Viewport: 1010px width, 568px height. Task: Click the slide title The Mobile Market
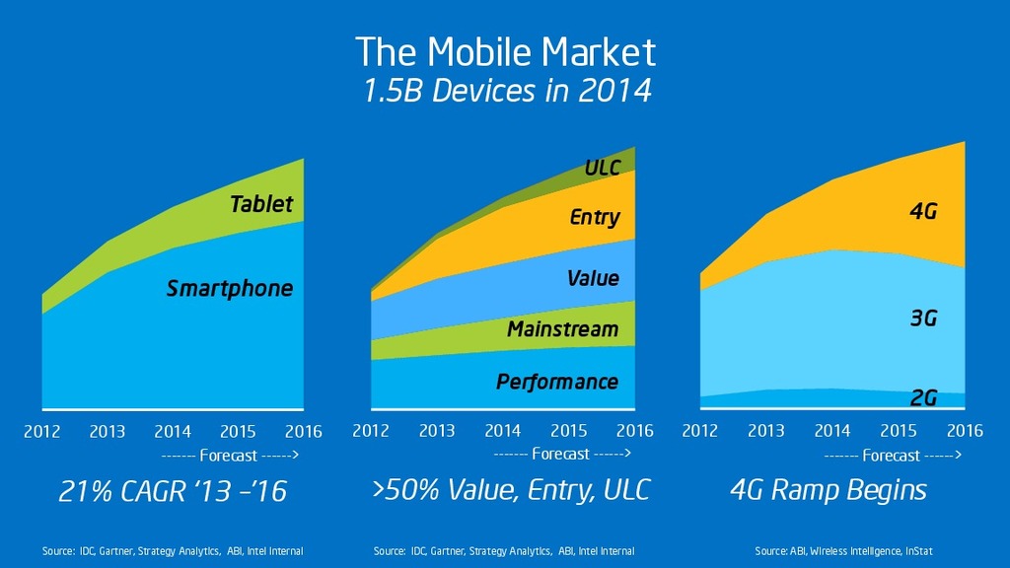[504, 51]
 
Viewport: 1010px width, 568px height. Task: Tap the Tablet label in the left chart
[261, 204]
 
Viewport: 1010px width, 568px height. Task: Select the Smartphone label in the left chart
[230, 289]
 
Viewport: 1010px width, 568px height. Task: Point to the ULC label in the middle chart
[602, 168]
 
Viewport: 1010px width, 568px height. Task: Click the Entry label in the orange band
[595, 217]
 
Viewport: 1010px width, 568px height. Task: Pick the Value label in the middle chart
[593, 279]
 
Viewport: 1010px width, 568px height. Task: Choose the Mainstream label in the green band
[562, 329]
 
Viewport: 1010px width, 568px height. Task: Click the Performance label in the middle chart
[557, 382]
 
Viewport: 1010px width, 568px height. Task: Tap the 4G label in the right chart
[922, 211]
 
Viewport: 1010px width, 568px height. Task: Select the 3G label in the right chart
[922, 319]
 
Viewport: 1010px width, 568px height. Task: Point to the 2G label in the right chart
[922, 397]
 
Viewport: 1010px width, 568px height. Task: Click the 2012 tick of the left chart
[41, 431]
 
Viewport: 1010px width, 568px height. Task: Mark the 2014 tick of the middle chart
[503, 431]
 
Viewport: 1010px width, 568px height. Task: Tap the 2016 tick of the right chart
[964, 431]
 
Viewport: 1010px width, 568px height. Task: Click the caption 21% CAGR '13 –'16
[173, 490]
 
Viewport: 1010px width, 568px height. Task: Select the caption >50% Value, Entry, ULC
[511, 490]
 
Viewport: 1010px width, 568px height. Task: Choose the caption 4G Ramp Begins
[828, 490]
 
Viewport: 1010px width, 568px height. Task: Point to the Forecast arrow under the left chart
[229, 456]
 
